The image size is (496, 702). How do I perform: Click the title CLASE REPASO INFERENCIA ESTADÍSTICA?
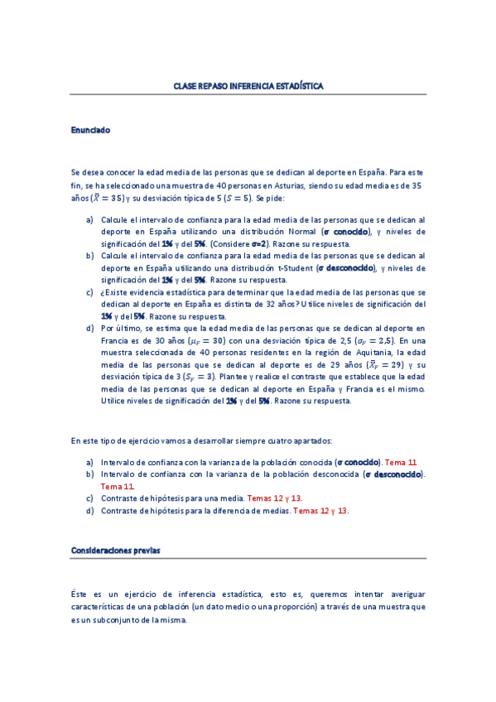click(x=248, y=86)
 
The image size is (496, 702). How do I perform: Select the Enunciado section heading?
click(x=90, y=130)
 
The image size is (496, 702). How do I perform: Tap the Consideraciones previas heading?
click(x=116, y=550)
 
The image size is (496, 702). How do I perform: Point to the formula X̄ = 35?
click(x=107, y=199)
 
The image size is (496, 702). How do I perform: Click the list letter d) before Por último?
click(x=89, y=329)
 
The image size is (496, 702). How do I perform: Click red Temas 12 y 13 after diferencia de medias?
click(x=320, y=511)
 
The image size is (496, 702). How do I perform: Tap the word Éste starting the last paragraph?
click(x=80, y=594)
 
